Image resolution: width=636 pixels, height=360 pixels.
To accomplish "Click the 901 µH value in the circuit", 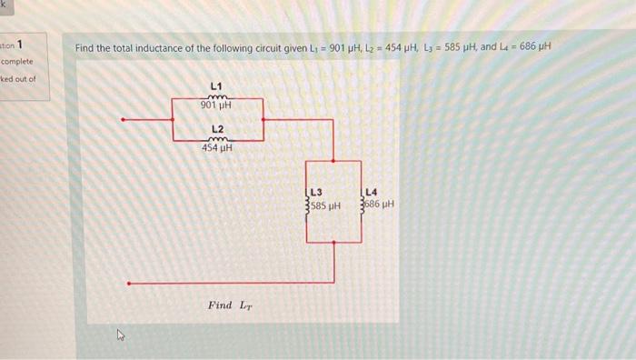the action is tap(217, 105).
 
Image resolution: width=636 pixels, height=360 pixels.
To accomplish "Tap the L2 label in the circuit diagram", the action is tap(218, 129).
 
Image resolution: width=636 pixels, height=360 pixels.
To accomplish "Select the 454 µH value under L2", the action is tap(217, 148).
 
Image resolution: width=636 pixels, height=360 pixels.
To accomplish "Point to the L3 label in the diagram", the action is tap(316, 192).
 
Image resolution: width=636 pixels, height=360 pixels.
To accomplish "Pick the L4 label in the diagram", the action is tap(372, 192).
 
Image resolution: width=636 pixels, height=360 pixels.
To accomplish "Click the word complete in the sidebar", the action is tap(16, 62).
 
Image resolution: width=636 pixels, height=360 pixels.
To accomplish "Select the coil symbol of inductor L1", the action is tap(217, 96).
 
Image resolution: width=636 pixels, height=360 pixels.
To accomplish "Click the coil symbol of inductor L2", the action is tap(217, 139).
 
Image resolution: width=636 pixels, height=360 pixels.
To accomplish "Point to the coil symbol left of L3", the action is tap(308, 205).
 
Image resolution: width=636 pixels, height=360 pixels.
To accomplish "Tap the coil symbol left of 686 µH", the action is tap(363, 205).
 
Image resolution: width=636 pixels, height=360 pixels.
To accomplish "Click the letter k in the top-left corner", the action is tap(5, 5).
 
